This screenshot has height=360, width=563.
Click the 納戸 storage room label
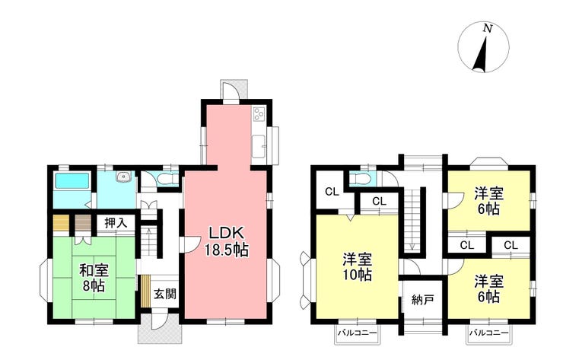[422, 299]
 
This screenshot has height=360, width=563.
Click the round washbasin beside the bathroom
[122, 177]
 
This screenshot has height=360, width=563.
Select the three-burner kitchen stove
[257, 115]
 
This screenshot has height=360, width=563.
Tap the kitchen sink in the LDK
[259, 142]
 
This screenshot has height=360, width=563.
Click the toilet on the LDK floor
[167, 179]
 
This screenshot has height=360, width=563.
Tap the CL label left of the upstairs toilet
[332, 191]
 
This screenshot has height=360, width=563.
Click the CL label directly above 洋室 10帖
[378, 201]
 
